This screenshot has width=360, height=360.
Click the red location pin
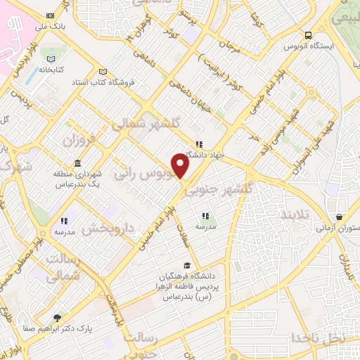pos(181,166)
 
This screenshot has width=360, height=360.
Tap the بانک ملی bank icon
pos(49,15)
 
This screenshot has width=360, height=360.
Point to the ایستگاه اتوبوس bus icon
pos(308,35)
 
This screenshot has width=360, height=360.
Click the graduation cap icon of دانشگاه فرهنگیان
pos(187,265)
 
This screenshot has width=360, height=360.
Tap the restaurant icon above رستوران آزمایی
pos(340,217)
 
